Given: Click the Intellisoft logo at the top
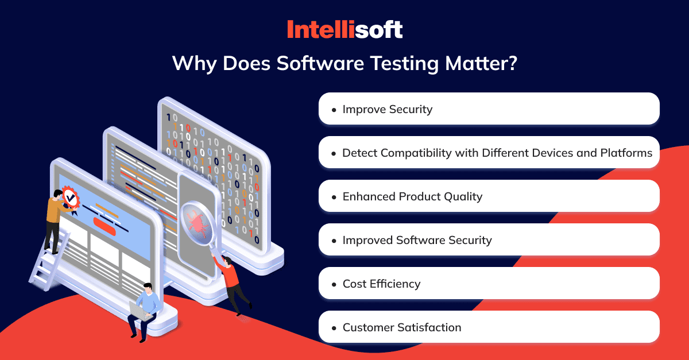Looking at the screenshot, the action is click(x=345, y=29).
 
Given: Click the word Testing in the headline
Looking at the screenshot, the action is click(x=405, y=64).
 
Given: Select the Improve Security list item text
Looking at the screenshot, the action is click(x=388, y=109).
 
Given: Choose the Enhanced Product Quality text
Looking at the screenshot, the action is click(x=412, y=196).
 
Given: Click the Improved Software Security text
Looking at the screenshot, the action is click(x=417, y=241).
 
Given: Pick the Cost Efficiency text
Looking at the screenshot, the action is click(x=381, y=284).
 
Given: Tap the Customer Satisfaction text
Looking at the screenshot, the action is click(x=402, y=327).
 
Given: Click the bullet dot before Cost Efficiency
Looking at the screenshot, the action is click(x=334, y=285).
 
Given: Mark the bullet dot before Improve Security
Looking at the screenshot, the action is click(x=334, y=110).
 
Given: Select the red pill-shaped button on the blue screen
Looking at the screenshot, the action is click(x=104, y=226).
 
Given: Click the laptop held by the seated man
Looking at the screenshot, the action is click(x=139, y=311).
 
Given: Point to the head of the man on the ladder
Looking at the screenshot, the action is click(x=58, y=194).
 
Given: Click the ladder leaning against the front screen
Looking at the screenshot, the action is click(x=49, y=262).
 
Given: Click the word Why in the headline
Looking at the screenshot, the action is click(x=195, y=64).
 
